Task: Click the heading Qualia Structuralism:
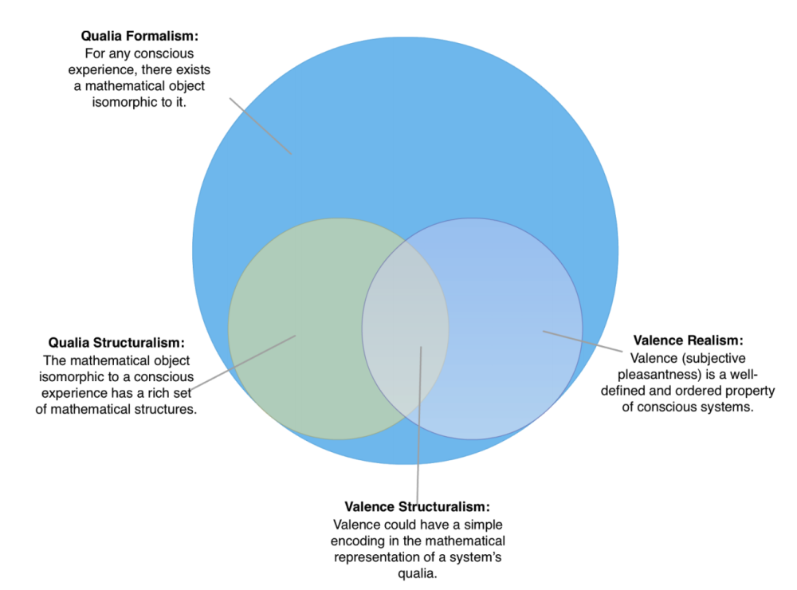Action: [116, 343]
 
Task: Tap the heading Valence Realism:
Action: [687, 340]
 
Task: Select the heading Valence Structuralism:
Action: [417, 507]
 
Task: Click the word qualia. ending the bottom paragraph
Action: [418, 572]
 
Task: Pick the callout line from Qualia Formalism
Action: [261, 126]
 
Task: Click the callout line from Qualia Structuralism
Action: [242, 363]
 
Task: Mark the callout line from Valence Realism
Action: [582, 341]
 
